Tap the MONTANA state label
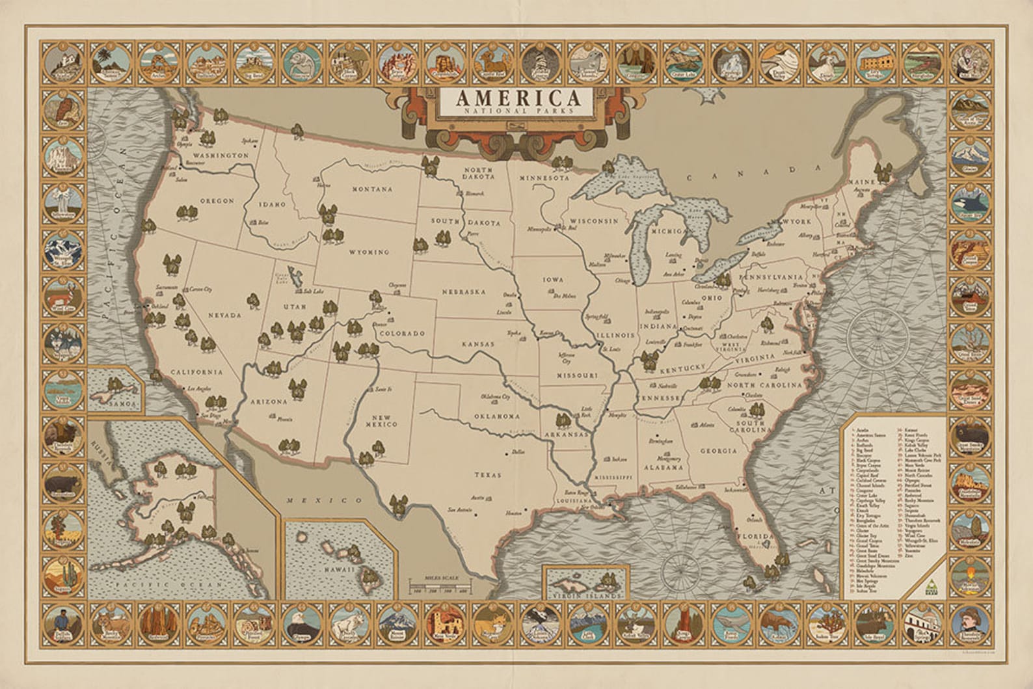(x=373, y=189)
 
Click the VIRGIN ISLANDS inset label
(x=584, y=594)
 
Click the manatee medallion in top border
(x=300, y=61)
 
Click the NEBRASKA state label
(x=463, y=291)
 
